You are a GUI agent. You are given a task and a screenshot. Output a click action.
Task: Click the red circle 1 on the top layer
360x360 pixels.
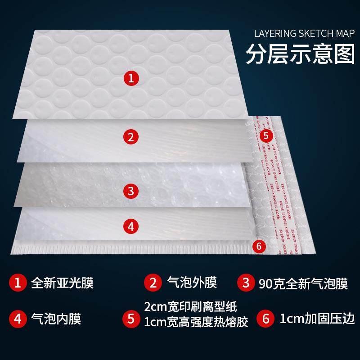coord(131,79)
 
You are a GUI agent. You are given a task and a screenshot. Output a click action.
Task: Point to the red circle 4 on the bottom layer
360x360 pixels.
coord(131,226)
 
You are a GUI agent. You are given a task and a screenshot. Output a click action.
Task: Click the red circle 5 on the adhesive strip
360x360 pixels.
coord(265,135)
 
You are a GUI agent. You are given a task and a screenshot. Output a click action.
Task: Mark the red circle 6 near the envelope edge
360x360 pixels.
coord(258,246)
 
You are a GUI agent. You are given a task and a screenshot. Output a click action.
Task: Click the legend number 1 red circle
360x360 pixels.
coord(18,283)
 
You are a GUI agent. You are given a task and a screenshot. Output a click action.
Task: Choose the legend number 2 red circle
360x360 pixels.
coord(153,283)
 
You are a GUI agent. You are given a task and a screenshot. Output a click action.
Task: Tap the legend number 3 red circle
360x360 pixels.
coord(246,283)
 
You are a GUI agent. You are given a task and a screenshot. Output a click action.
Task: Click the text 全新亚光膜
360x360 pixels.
coord(63,283)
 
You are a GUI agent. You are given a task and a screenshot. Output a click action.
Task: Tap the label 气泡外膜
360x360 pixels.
coord(192,283)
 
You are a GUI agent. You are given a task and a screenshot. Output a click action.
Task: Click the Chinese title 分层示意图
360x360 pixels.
coord(300,54)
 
